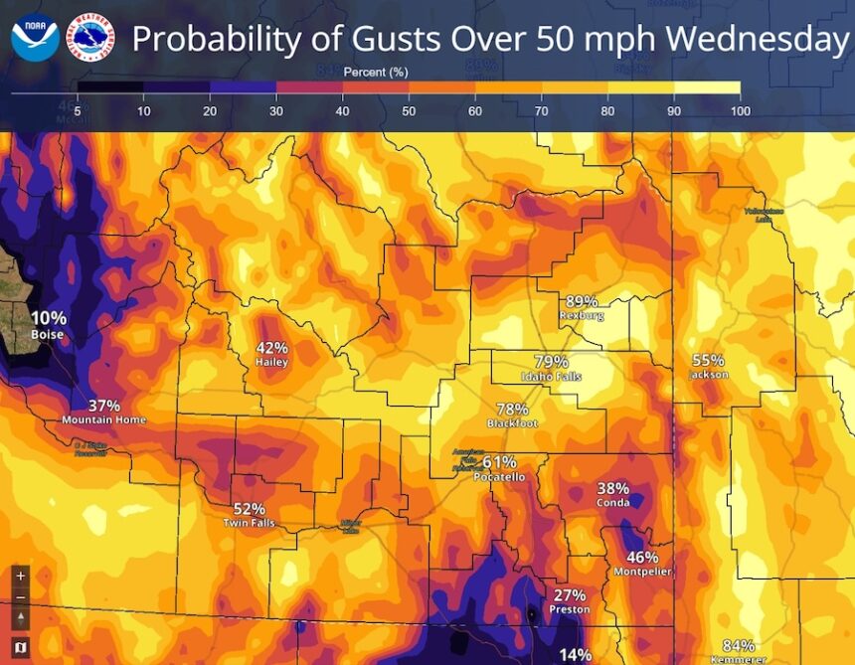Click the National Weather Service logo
point(89,37)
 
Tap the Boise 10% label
point(48,325)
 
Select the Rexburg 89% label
point(582,307)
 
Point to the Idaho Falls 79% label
point(551,369)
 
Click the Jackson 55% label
point(708,367)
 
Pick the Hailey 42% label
point(271,355)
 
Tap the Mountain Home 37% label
point(104,412)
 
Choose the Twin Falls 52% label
point(249,515)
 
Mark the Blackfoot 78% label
point(512,416)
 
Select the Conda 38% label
point(613,495)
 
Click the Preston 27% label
point(570,601)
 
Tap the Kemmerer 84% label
point(738,651)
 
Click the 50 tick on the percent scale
point(409,110)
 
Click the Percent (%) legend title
point(376,73)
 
